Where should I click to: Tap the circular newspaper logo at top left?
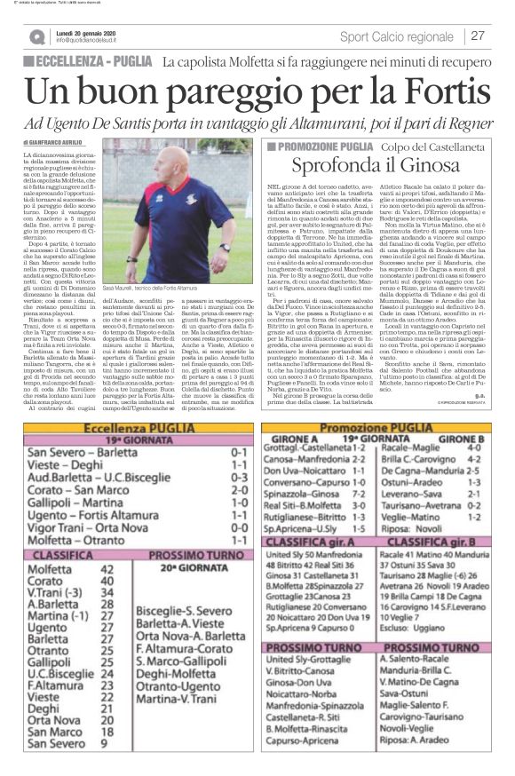coord(36,36)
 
